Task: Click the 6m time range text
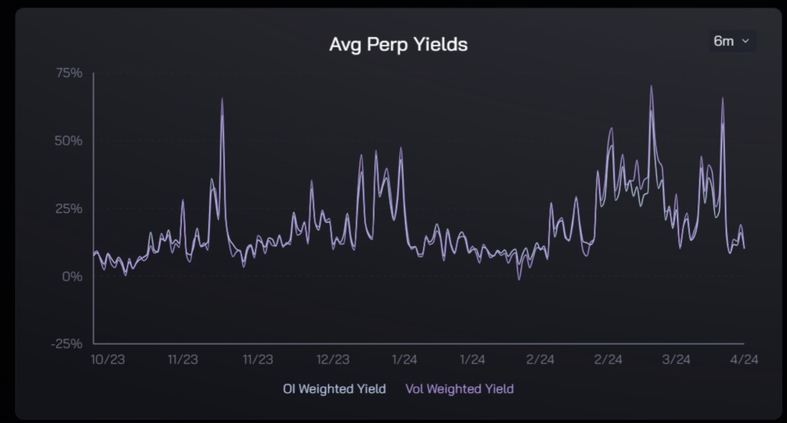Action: (x=724, y=42)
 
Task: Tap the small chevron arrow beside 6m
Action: (x=745, y=42)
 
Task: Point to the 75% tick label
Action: (x=67, y=73)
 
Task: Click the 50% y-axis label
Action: (x=67, y=141)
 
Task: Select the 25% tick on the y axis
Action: (x=67, y=209)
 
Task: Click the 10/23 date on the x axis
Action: (x=105, y=360)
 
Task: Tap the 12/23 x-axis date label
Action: (x=333, y=360)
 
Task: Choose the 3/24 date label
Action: (x=676, y=360)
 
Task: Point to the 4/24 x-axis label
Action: (x=743, y=360)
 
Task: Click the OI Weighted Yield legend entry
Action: (x=334, y=389)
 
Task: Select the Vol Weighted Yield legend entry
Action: (x=460, y=389)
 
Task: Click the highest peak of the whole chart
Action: (x=651, y=87)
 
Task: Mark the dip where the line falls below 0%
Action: (x=519, y=279)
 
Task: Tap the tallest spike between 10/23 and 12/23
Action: (x=222, y=99)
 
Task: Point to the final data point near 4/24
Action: (x=744, y=249)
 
